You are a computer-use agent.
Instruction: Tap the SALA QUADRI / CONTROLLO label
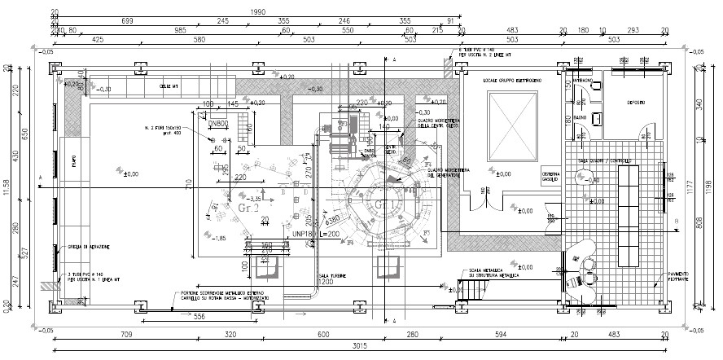pyautogui.click(x=606, y=161)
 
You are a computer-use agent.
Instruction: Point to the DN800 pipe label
pyautogui.click(x=217, y=123)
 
